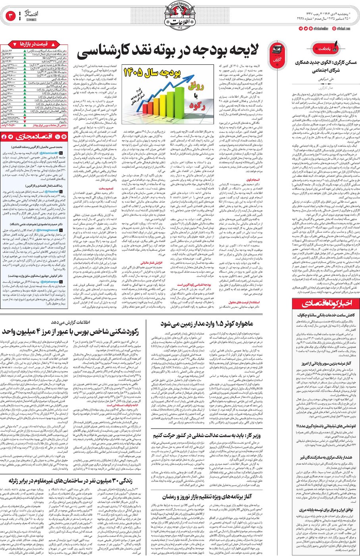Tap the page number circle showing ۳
[x=10, y=16]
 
